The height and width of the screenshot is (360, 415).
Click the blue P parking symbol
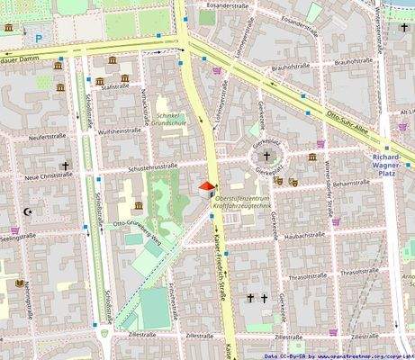pos(39,37)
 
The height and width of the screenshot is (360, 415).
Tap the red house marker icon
pos(206,188)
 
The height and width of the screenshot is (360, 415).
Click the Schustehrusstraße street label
pos(151,166)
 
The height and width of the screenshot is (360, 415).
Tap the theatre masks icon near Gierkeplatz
pos(279,181)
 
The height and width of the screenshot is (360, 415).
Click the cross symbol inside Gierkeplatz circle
pos(262,156)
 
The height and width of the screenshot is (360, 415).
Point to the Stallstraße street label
pos(115,87)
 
